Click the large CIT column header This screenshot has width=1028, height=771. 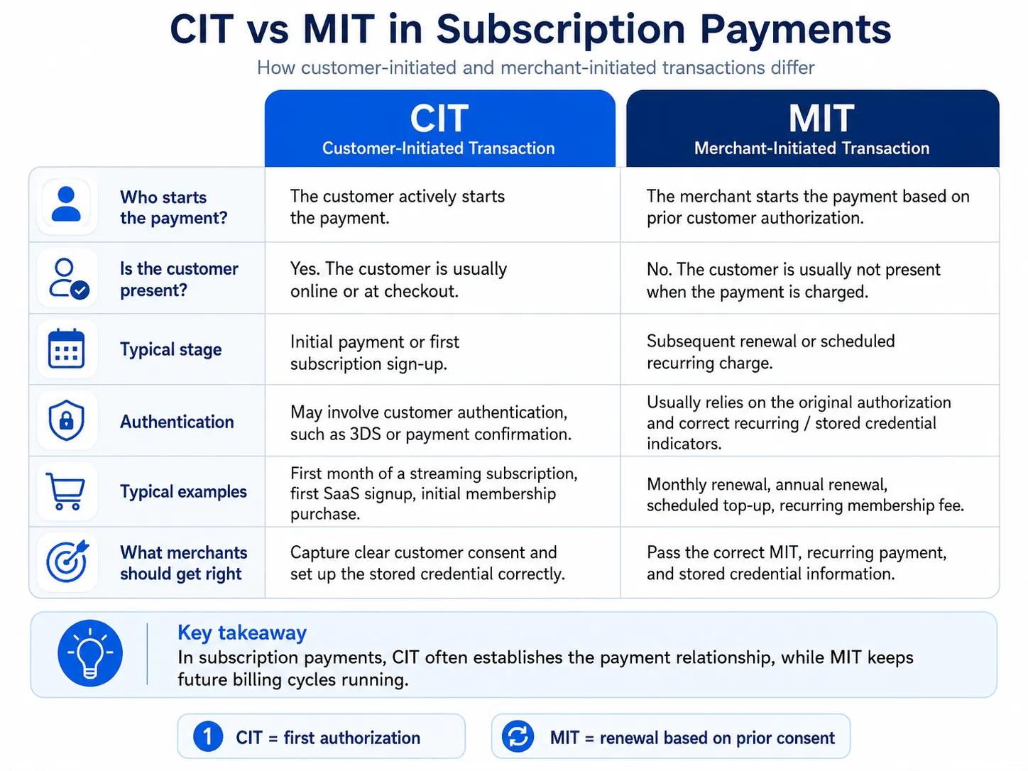[439, 118]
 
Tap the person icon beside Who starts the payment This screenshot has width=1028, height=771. [66, 204]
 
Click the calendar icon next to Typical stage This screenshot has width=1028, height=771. [67, 349]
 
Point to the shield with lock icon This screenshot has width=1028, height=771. [67, 420]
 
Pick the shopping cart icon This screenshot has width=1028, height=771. [65, 491]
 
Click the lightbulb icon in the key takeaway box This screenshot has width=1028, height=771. [90, 653]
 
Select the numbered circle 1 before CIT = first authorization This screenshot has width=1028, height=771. [208, 737]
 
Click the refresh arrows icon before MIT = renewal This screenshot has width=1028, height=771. [518, 736]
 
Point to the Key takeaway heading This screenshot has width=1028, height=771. [242, 633]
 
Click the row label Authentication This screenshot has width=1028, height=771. [177, 422]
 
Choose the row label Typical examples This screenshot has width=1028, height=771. [184, 492]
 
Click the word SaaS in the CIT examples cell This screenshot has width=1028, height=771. [339, 493]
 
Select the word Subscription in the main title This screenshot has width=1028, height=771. [561, 30]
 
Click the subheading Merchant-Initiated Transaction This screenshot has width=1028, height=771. [811, 148]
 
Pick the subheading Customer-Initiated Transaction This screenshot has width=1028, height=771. [438, 148]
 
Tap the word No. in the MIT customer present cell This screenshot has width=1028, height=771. [659, 270]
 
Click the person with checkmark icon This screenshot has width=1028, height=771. [69, 278]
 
